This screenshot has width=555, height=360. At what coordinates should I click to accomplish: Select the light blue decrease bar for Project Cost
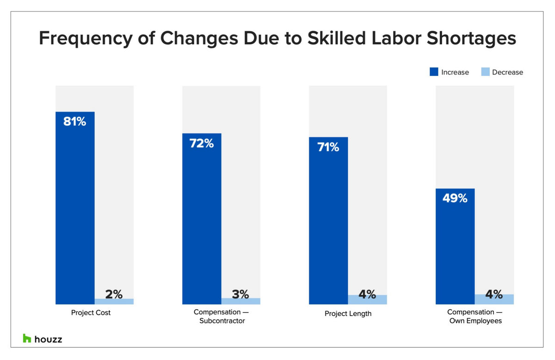point(114,301)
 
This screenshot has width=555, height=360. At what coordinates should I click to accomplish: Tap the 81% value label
point(75,122)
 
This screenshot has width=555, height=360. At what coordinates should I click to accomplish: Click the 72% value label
point(202,143)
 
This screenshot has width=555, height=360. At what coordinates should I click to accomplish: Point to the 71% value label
point(328,147)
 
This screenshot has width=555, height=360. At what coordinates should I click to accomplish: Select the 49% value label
point(455,199)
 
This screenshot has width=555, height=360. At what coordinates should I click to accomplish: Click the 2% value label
point(113,294)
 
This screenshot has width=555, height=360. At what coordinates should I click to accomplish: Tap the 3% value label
point(240,294)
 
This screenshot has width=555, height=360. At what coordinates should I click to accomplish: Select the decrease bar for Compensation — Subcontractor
point(241,301)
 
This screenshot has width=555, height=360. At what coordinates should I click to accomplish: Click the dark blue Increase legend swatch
point(434,72)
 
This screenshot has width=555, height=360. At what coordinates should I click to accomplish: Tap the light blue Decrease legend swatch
point(485,72)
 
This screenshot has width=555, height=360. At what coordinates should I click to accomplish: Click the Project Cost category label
point(91,313)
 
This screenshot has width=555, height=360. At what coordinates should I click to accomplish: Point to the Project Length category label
point(348,313)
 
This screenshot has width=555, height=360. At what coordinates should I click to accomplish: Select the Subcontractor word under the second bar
point(222,321)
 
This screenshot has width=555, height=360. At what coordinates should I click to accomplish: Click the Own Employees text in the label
point(475,321)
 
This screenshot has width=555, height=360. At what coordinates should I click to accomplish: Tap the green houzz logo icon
point(27,338)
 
